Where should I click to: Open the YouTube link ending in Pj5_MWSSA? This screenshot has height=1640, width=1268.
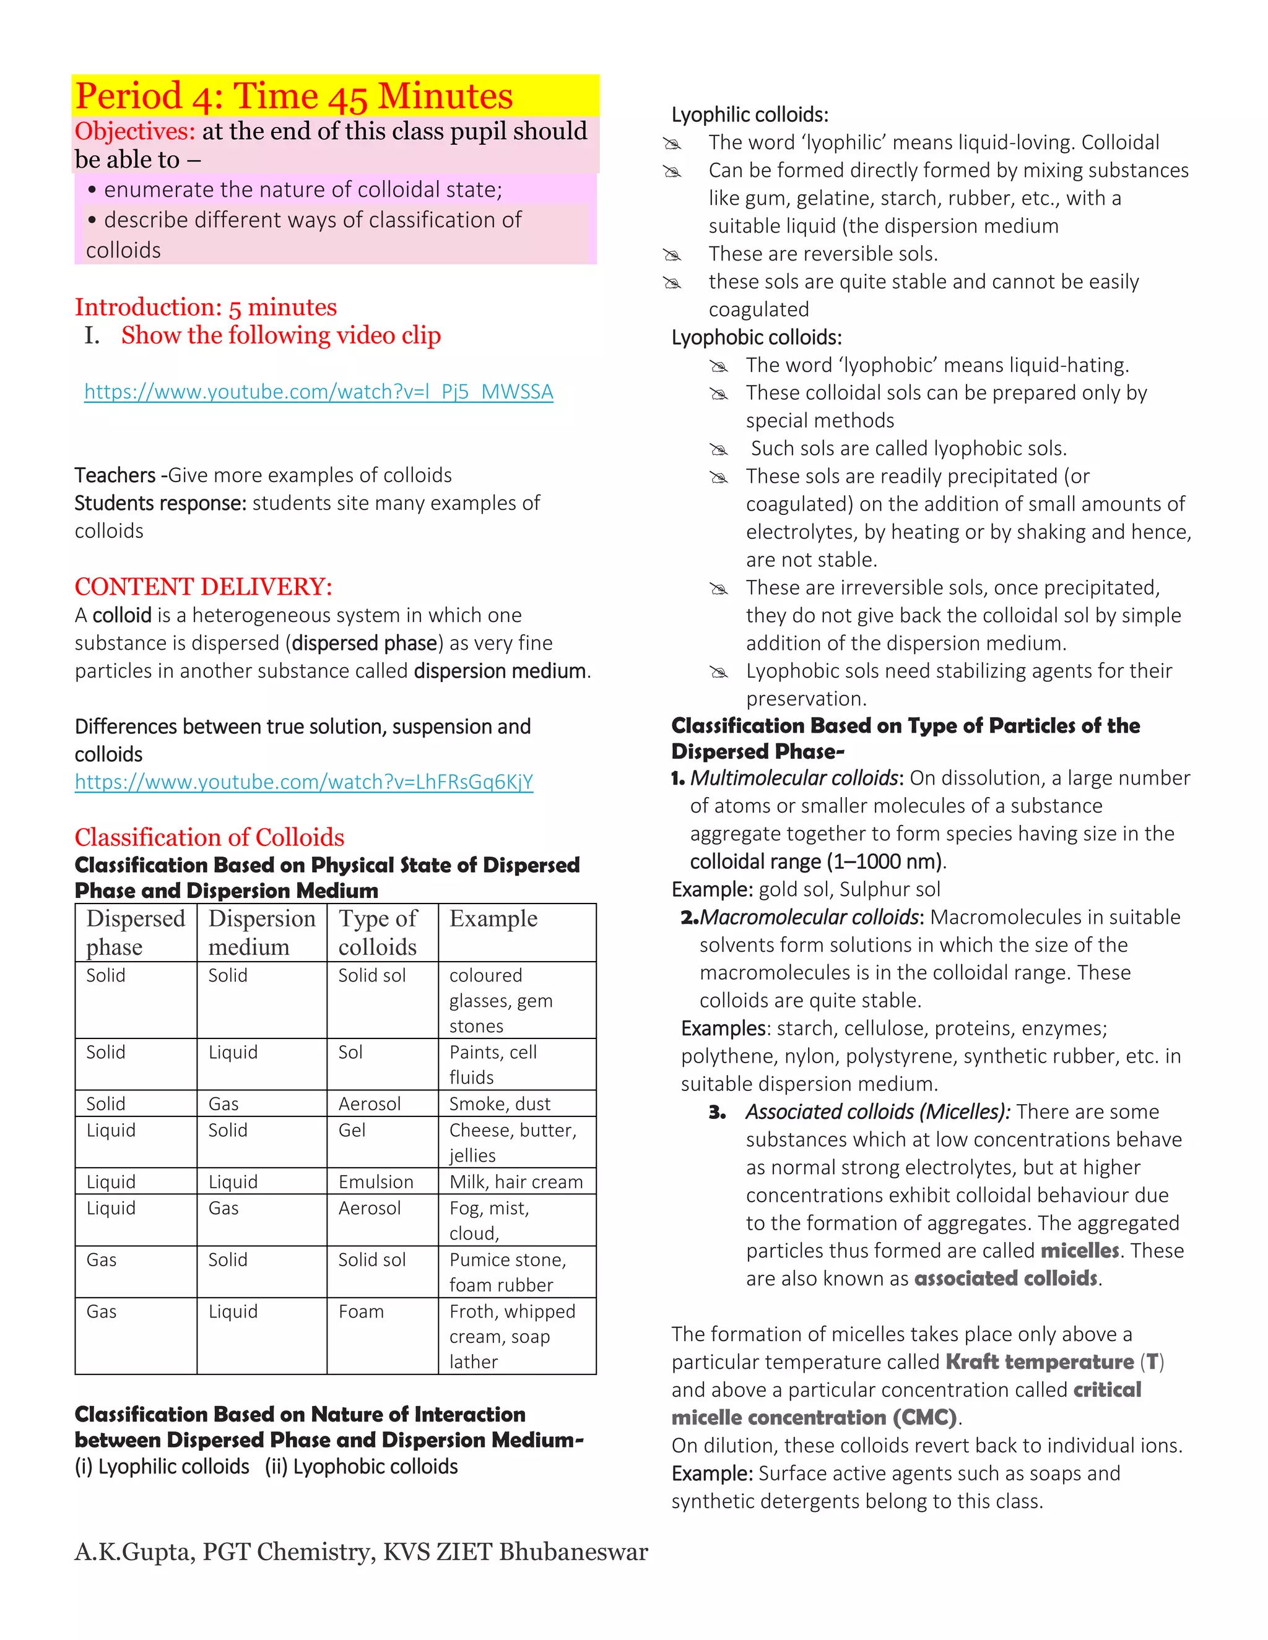tap(318, 392)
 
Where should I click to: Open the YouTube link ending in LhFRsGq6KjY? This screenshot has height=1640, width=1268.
tap(303, 782)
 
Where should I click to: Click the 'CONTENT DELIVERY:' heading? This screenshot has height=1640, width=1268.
tap(203, 587)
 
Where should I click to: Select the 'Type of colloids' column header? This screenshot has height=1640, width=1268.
tap(377, 932)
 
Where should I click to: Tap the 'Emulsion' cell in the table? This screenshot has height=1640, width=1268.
tap(376, 1182)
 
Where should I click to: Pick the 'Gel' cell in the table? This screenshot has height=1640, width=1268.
tap(352, 1130)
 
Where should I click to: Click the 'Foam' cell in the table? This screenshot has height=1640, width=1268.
tap(360, 1312)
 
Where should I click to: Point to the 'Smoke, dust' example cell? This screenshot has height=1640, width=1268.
tap(500, 1104)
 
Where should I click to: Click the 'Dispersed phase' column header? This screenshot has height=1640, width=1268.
tap(135, 932)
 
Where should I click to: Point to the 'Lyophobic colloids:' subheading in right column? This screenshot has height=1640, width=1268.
tap(757, 337)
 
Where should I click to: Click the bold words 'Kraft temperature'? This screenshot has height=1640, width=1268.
tap(1040, 1362)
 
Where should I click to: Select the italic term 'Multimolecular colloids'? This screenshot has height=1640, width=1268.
tap(794, 778)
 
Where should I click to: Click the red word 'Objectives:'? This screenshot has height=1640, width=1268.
tap(134, 131)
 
